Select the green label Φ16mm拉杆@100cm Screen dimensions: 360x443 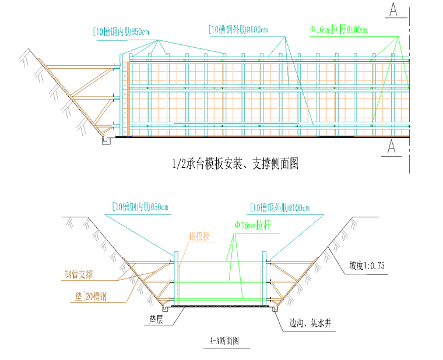tap(339, 30)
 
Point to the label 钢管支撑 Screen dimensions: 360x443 tap(81, 273)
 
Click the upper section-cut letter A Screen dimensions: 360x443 tap(394, 10)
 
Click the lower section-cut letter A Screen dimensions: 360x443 tap(394, 146)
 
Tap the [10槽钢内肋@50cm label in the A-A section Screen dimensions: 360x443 tap(139, 207)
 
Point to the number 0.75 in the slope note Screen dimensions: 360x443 tap(376, 265)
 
